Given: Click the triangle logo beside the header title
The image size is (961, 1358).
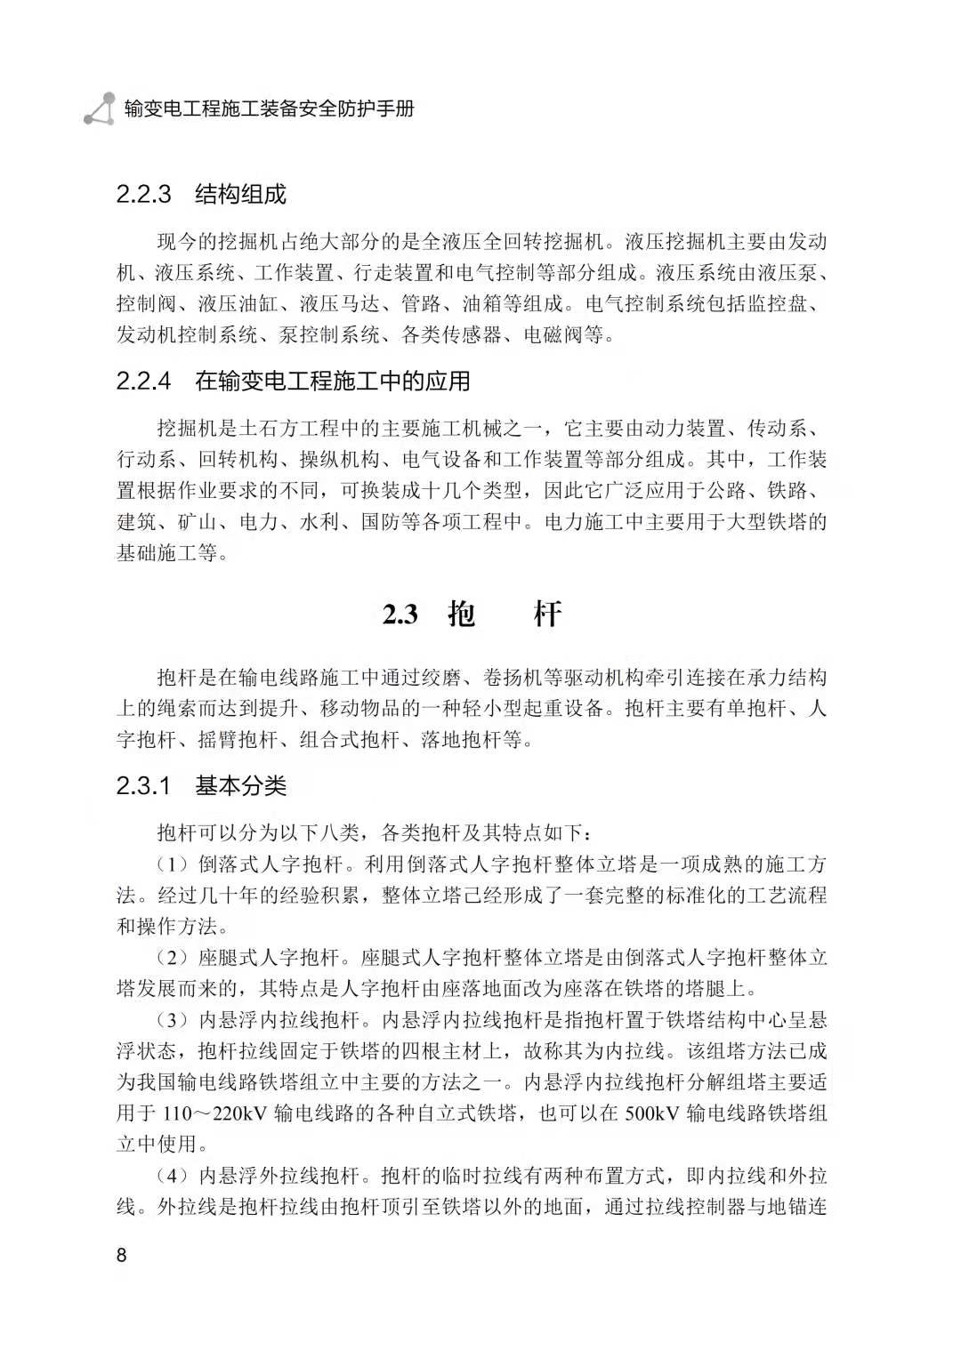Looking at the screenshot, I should [x=100, y=109].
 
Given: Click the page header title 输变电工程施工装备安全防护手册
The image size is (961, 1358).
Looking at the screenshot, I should [x=270, y=109].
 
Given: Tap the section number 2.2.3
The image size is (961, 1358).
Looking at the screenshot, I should [x=143, y=195].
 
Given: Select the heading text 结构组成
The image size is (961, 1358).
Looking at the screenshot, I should [x=240, y=195].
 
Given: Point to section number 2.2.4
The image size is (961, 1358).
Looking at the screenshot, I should [x=143, y=382].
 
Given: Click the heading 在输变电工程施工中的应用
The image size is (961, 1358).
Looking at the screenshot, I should [x=332, y=382].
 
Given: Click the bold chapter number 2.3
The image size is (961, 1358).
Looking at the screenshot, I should [x=400, y=615].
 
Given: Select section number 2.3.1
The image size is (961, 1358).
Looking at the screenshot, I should [x=143, y=786].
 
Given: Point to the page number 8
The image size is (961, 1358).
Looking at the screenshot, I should [x=122, y=1256].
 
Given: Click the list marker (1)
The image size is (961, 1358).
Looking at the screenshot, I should [x=174, y=864].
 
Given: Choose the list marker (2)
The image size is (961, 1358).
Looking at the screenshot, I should [x=174, y=958].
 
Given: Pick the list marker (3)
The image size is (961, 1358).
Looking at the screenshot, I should [x=174, y=1020].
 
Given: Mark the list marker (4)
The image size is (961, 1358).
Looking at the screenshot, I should [x=174, y=1176].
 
